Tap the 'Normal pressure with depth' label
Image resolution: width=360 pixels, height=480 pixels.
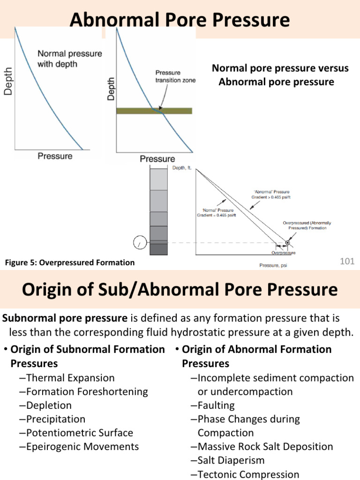(x=69, y=59)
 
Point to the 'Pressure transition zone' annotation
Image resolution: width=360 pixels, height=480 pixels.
(x=175, y=77)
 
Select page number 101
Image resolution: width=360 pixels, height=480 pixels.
(x=347, y=261)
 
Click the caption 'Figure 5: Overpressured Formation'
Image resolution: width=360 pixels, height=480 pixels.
(x=69, y=263)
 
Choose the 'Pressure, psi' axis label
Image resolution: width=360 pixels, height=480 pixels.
(x=275, y=265)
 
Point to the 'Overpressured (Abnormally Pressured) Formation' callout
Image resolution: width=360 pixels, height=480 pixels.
(x=307, y=225)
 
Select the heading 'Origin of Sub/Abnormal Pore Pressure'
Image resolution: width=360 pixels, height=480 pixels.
(x=180, y=289)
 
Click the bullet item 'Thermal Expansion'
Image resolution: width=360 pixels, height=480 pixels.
(x=70, y=378)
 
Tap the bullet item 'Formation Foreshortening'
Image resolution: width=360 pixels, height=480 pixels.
(x=87, y=391)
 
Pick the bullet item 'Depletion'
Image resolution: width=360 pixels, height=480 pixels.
(x=49, y=405)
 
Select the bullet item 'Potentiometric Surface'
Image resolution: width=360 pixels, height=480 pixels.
(x=80, y=433)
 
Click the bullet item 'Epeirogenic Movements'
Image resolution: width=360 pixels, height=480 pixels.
(x=82, y=447)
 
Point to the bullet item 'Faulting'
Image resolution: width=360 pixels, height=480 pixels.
(x=216, y=405)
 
